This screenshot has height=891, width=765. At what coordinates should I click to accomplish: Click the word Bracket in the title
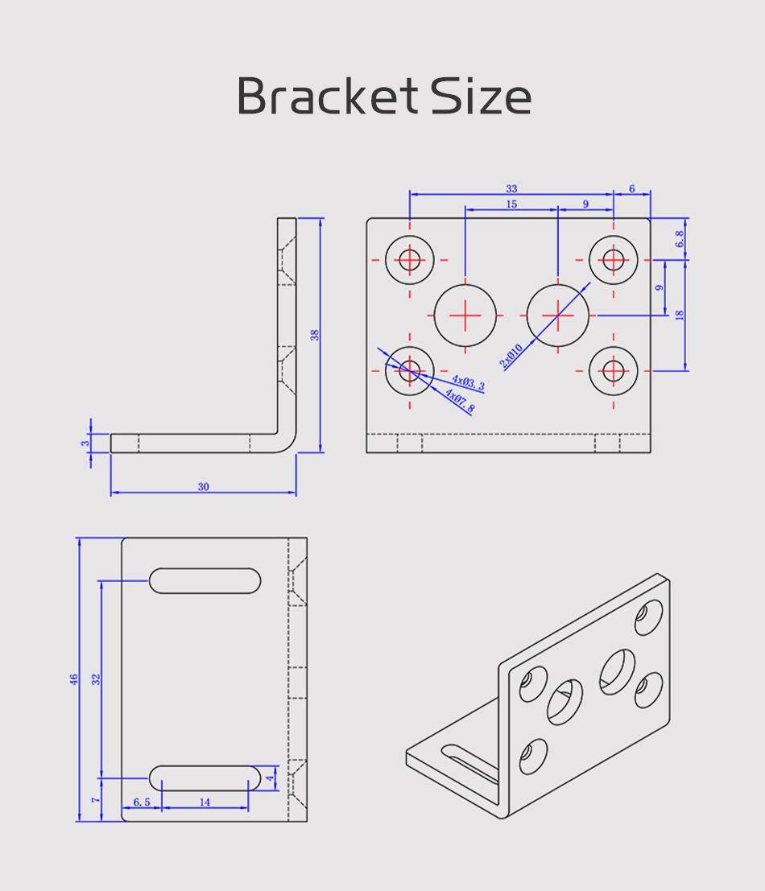pyautogui.click(x=328, y=96)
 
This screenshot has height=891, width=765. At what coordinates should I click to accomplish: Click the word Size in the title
pyautogui.click(x=481, y=96)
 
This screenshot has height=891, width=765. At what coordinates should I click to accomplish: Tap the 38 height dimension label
pyautogui.click(x=314, y=335)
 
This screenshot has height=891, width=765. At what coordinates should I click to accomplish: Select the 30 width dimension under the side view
pyautogui.click(x=204, y=486)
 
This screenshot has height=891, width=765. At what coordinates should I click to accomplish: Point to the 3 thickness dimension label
pyautogui.click(x=85, y=443)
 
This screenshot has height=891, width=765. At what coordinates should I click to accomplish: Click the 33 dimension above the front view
pyautogui.click(x=511, y=188)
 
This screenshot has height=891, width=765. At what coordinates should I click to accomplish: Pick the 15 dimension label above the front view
pyautogui.click(x=511, y=204)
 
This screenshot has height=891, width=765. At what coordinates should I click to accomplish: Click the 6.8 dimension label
pyautogui.click(x=679, y=239)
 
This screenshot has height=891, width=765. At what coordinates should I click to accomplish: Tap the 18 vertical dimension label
pyautogui.click(x=679, y=315)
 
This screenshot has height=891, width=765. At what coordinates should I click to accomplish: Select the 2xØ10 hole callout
pyautogui.click(x=511, y=356)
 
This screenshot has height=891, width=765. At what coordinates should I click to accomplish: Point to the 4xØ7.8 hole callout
pyautogui.click(x=460, y=400)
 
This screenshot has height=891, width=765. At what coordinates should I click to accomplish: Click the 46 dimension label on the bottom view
pyautogui.click(x=74, y=679)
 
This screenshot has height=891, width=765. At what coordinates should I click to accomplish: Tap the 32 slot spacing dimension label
pyautogui.click(x=96, y=679)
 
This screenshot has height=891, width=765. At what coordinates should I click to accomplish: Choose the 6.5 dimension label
pyautogui.click(x=142, y=802)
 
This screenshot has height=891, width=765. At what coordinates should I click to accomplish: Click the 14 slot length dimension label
pyautogui.click(x=205, y=802)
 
